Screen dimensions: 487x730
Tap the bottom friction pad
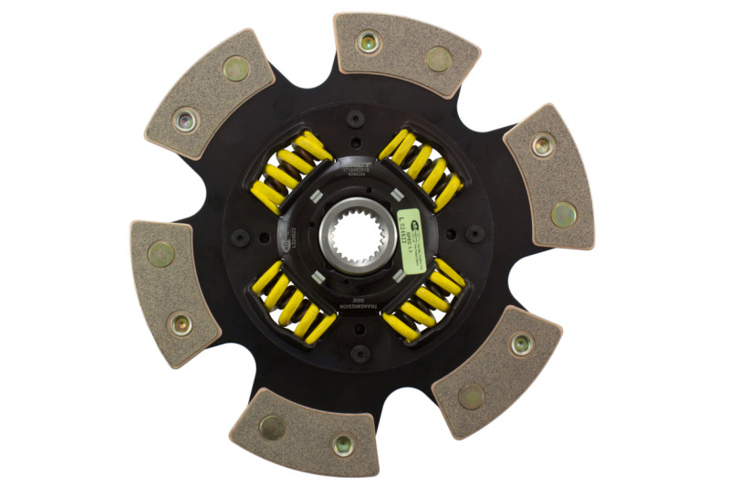306,435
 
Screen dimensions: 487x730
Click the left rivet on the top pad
369,42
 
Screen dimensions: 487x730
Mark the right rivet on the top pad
438,58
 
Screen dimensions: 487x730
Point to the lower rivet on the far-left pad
181,322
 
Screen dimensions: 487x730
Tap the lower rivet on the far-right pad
563,214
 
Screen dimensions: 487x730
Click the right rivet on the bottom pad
343,445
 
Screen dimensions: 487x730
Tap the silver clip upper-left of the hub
317,196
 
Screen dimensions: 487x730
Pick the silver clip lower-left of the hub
316,275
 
